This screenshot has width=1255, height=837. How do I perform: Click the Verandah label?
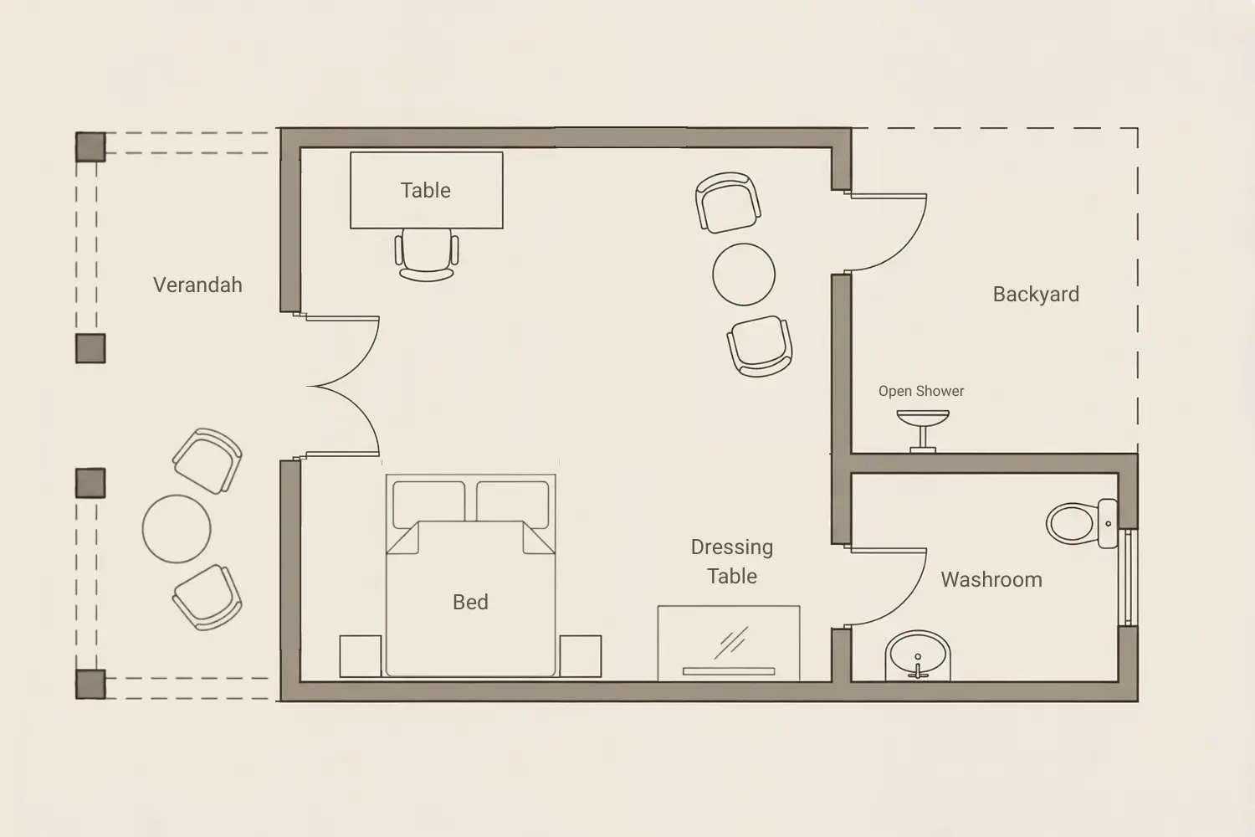pos(197,285)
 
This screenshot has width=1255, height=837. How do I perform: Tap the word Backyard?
pos(1036,295)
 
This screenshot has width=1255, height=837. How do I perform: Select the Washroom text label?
pos(991,580)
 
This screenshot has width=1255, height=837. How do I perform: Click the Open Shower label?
pos(921,391)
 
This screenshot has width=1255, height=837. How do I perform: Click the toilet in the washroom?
pos(1081,523)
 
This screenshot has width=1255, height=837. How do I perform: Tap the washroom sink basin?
pos(918,655)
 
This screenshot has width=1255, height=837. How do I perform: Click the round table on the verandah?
pos(177,529)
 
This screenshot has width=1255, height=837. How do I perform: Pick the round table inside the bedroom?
pos(744,275)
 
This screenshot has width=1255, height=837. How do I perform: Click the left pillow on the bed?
pos(428,504)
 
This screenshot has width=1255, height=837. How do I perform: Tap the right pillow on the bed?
pos(512,504)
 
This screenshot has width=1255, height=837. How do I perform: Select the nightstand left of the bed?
pos(361,656)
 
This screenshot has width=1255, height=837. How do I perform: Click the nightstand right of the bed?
pos(581,656)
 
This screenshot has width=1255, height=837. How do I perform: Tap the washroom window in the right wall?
pos(1128,578)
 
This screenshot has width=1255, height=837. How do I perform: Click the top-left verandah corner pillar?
pos(90,146)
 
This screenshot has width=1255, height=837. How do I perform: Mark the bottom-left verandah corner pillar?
pos(90,684)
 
